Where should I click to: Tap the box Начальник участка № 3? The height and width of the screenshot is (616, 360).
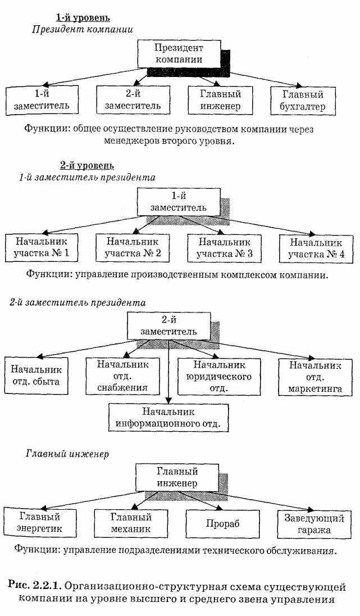[x=224, y=248]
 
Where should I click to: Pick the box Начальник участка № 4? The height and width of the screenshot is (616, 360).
[x=316, y=248]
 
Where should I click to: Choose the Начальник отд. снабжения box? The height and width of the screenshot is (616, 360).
[x=122, y=375]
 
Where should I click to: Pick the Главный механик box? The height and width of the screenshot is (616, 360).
[x=131, y=523]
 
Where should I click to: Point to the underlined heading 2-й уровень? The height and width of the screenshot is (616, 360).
[x=87, y=166]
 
